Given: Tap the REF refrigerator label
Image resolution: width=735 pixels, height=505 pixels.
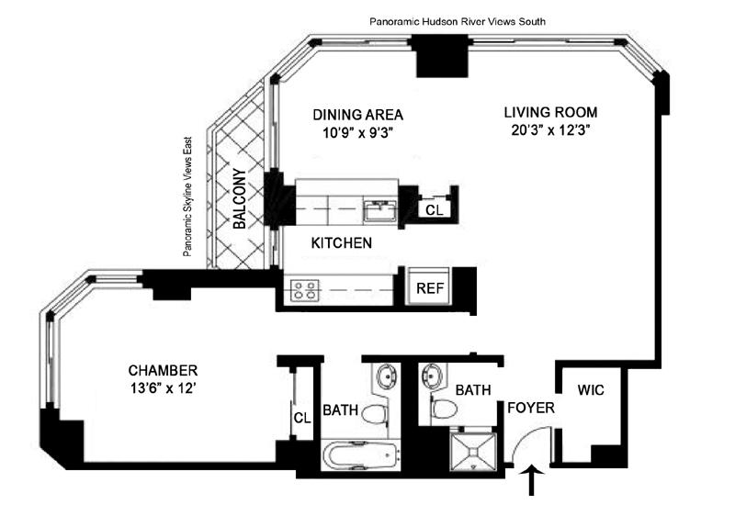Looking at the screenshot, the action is (430, 288).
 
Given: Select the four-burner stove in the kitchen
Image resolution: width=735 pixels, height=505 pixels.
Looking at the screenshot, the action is (305, 289).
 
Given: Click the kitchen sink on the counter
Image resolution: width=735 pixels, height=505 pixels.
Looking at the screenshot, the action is (380, 209).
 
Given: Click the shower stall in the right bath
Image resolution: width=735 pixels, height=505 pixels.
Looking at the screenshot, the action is (473, 451).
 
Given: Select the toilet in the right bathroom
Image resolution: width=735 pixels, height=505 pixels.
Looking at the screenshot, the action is (444, 409).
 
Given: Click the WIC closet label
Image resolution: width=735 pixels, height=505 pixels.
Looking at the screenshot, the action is (591, 389).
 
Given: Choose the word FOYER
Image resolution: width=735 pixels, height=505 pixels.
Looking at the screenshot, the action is (531, 408).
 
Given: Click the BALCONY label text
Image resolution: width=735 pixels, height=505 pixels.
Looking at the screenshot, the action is (240, 198).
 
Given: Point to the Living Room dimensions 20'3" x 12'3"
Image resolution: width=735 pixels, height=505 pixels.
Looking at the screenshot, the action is (550, 129).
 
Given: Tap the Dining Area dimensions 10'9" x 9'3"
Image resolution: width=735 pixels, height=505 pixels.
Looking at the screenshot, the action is (357, 133).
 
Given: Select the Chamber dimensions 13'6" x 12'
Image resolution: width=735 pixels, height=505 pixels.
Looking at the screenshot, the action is (163, 387).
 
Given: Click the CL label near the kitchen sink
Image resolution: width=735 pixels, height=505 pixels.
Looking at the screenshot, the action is (434, 210).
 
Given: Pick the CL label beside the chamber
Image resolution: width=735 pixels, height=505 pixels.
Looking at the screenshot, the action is (302, 418).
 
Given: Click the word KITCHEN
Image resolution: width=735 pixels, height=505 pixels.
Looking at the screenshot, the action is (342, 242).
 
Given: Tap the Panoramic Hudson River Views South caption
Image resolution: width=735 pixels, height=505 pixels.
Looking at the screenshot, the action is (458, 21).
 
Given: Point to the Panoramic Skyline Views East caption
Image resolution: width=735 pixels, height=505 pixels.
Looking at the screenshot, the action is (187, 196).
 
